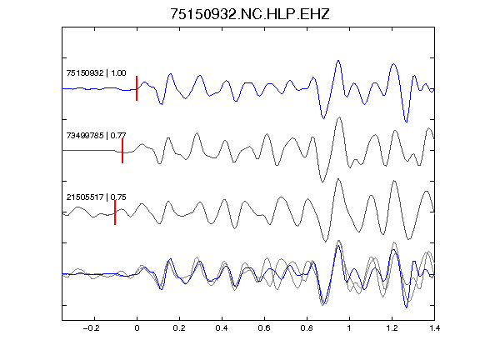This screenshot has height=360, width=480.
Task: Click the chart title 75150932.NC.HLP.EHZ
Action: tap(250, 14)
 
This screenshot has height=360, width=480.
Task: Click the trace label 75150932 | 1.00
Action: tap(96, 73)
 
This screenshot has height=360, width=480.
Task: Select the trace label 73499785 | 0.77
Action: tap(96, 135)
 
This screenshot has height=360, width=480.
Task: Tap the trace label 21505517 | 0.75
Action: tap(96, 197)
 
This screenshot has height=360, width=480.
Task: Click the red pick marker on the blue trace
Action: tap(137, 88)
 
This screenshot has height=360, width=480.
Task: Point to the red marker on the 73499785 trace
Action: tap(122, 151)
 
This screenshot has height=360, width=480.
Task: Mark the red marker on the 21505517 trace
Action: tap(115, 212)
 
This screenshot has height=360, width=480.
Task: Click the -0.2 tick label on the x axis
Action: tap(92, 328)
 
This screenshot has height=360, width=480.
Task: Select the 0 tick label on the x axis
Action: tap(137, 328)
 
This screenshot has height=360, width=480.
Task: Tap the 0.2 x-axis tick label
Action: tap(179, 328)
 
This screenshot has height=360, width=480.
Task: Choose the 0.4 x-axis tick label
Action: tap(222, 328)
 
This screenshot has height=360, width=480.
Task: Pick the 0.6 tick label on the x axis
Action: tap(264, 328)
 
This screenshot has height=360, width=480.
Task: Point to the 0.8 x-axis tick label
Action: tap(307, 328)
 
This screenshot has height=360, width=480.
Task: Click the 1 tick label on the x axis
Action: tap(349, 328)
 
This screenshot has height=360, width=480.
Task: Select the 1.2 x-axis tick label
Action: tap(392, 328)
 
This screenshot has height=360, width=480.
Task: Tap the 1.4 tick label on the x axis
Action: tap(434, 328)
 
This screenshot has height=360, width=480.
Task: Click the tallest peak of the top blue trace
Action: tap(338, 61)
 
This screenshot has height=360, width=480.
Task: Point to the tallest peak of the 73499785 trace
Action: tap(339, 117)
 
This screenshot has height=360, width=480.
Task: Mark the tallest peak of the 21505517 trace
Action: tap(338, 179)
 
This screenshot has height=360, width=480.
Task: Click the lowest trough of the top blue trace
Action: tap(406, 122)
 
